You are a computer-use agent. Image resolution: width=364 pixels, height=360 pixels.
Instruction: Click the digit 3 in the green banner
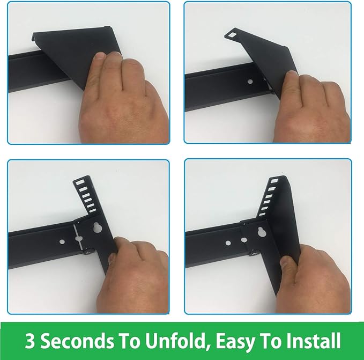29,341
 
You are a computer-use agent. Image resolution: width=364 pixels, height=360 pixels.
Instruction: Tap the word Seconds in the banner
77,341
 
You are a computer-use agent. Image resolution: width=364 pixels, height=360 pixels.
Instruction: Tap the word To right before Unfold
130,341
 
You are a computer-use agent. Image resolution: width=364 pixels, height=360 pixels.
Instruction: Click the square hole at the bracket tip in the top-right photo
232,35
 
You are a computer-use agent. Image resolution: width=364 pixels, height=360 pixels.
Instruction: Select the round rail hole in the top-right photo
250,82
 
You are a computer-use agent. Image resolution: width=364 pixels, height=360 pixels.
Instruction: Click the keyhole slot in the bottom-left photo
97,227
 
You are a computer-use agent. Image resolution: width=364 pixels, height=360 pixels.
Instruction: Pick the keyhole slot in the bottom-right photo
262,232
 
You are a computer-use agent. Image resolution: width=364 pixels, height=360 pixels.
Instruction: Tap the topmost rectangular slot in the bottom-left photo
80,182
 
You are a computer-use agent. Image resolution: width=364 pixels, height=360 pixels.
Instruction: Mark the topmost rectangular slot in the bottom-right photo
274,181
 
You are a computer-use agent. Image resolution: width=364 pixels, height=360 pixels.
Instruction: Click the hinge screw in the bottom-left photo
88,251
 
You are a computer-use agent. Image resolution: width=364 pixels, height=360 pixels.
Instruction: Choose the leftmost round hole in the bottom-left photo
62,241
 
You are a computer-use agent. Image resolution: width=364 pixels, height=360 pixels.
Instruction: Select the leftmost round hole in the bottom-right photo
228,243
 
